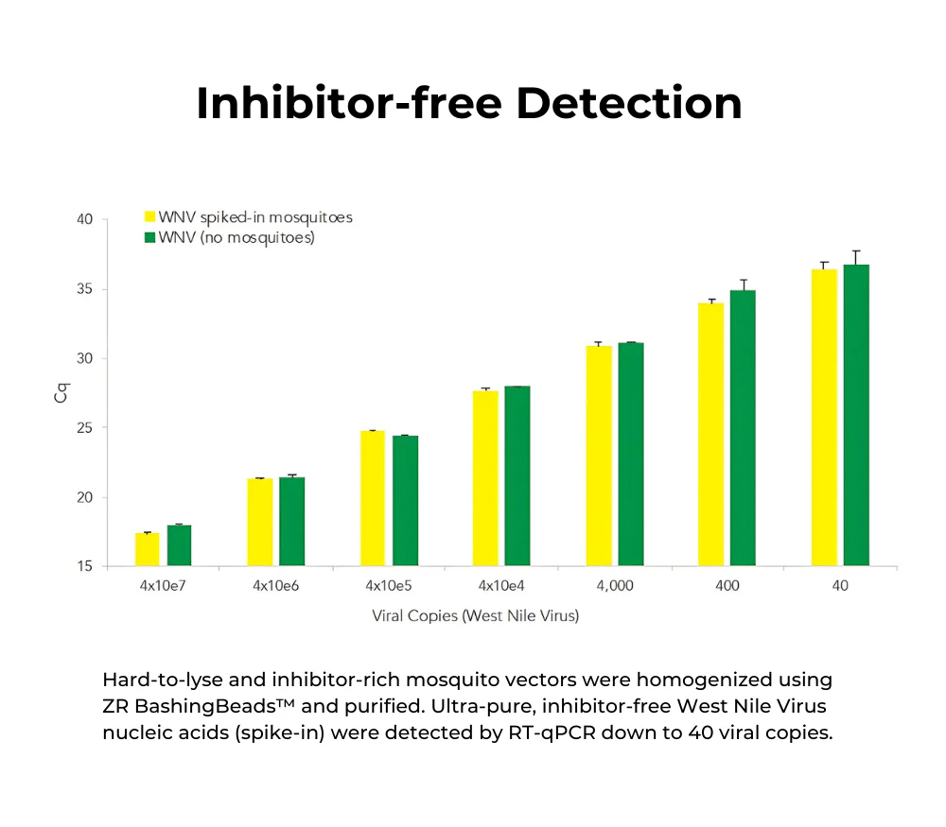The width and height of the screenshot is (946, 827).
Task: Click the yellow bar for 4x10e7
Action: tap(147, 549)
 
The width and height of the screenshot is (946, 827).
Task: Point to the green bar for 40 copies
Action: tap(856, 415)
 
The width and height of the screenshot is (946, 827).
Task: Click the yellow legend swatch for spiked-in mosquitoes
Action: tap(149, 217)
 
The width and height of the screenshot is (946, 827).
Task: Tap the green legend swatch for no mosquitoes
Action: tap(149, 238)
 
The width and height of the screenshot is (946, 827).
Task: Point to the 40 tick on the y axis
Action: tap(84, 219)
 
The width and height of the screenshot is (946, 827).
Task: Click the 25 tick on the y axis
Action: tap(84, 428)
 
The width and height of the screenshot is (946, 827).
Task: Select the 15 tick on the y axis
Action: tap(84, 567)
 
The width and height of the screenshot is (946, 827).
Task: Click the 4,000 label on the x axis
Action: tap(614, 586)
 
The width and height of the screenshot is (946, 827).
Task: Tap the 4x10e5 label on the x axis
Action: tap(388, 586)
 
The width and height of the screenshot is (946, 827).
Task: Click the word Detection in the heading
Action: tap(629, 104)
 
